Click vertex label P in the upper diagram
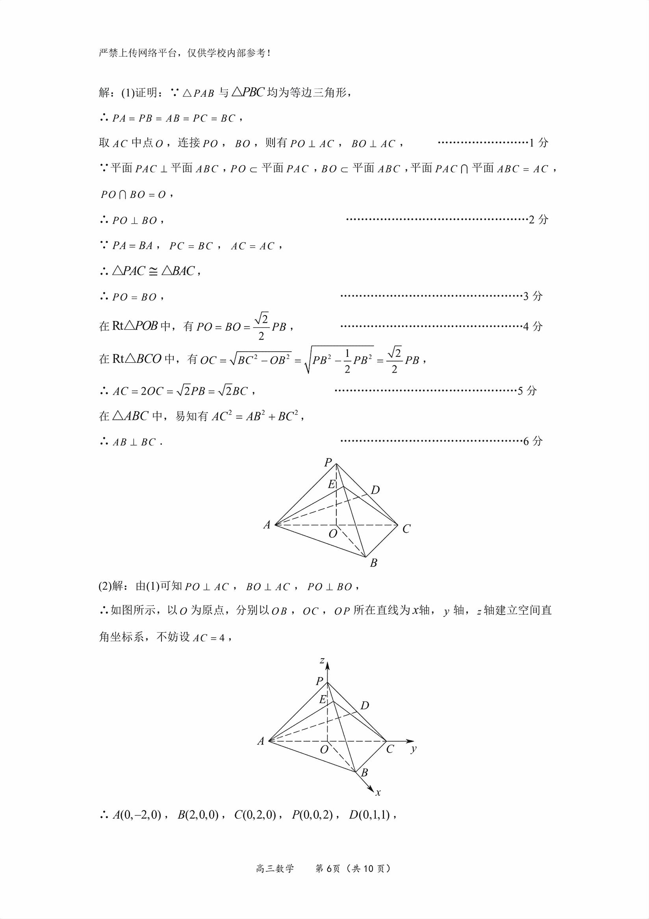click(x=328, y=463)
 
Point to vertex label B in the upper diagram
click(x=373, y=563)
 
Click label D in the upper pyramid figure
click(x=375, y=490)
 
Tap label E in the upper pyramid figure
click(x=331, y=485)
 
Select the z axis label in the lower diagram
click(x=322, y=660)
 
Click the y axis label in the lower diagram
click(x=414, y=749)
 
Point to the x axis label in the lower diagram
click(x=378, y=792)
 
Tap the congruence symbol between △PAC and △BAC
click(x=153, y=271)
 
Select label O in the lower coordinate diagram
click(x=324, y=749)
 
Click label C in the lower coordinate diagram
click(x=390, y=749)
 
